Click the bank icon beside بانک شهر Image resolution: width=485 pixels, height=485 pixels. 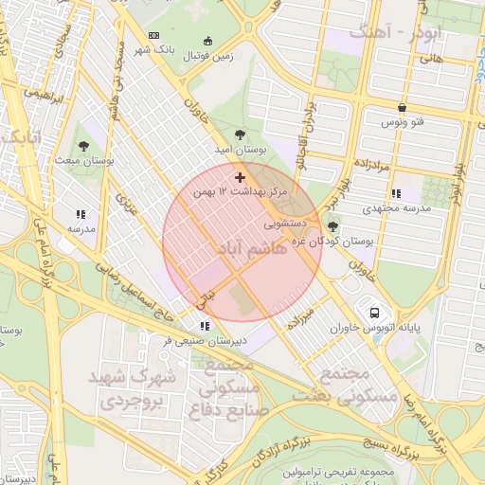tap(154, 36)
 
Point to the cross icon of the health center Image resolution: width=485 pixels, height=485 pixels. tap(239, 176)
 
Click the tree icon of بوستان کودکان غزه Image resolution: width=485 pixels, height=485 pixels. tap(332, 225)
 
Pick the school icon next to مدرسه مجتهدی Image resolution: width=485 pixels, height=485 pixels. tap(395, 193)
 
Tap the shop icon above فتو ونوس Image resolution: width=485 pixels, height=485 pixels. tap(402, 108)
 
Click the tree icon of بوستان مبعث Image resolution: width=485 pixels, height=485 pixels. tap(84, 146)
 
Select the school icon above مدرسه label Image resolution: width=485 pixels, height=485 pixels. tap(81, 214)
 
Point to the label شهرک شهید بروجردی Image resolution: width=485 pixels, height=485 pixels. tap(135, 389)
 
